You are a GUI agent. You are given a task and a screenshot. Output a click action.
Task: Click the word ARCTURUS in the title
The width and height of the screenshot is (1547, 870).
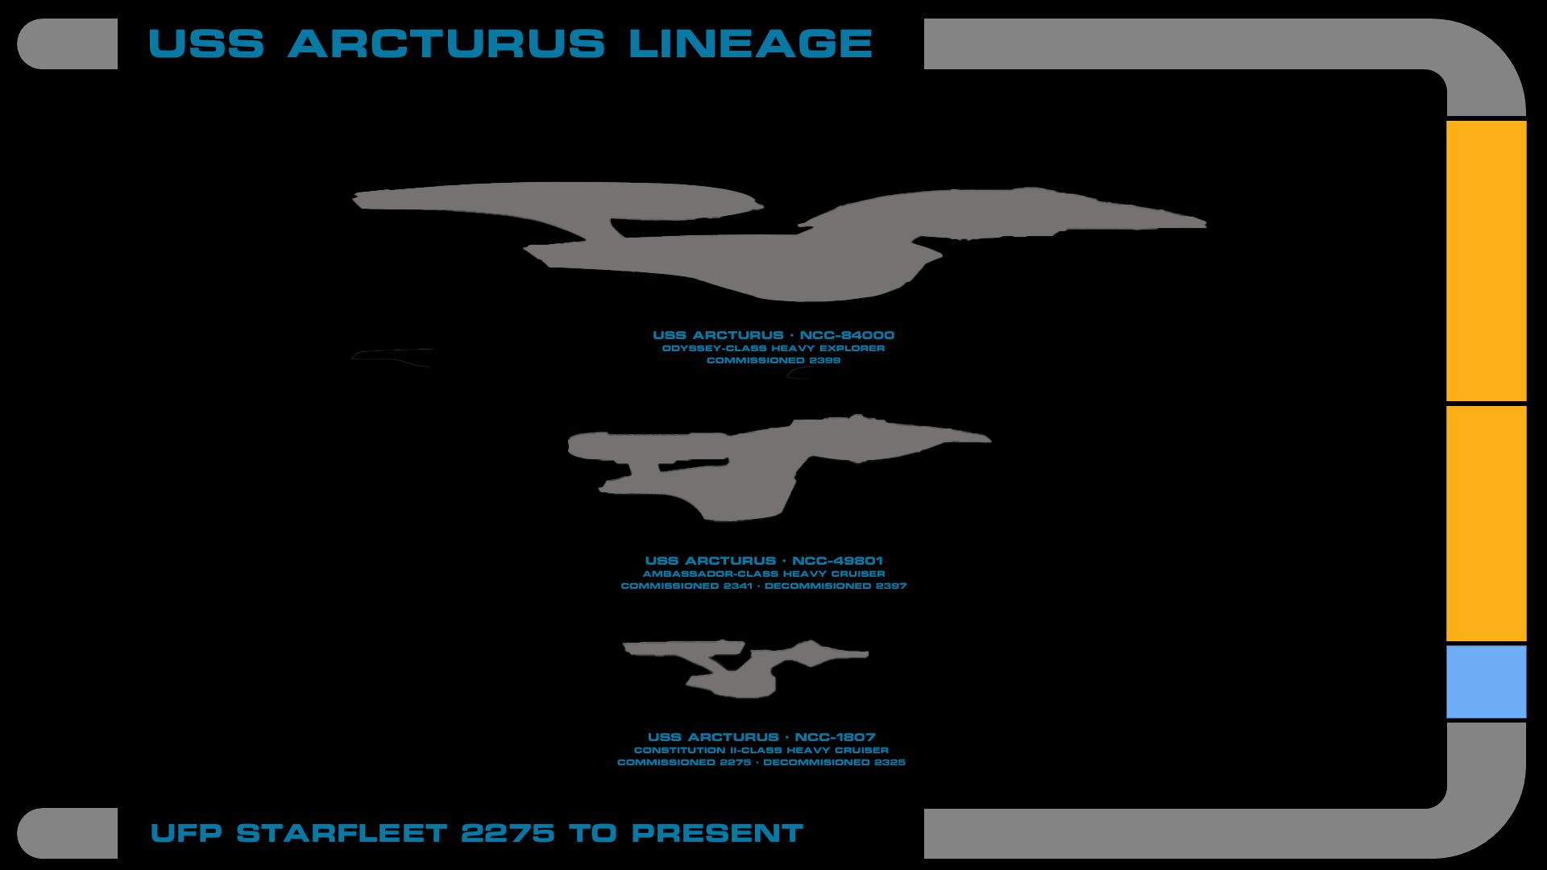446,43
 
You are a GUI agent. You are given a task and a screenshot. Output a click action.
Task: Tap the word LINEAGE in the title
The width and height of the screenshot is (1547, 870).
750,43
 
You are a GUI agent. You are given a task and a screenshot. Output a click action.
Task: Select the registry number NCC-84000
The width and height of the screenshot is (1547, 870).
847,335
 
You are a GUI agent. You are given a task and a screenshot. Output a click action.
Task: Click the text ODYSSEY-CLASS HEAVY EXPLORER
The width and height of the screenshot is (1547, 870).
773,348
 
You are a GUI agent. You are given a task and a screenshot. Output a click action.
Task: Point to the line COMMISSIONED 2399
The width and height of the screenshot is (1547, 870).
773,360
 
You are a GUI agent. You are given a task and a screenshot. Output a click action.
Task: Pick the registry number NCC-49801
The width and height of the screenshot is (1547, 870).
837,561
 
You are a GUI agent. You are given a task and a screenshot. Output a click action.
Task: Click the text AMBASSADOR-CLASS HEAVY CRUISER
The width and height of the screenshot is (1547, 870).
764,574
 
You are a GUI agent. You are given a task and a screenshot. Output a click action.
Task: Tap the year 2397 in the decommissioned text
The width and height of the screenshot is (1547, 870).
891,586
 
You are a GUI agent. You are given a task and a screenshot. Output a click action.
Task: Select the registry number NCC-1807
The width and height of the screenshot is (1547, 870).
835,737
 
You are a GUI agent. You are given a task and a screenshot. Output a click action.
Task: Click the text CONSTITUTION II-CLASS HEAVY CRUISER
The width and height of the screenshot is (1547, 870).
761,750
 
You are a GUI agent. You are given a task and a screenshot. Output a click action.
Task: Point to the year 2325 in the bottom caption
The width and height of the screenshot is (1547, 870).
890,762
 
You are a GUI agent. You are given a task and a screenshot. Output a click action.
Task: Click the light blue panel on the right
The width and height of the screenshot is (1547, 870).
1486,681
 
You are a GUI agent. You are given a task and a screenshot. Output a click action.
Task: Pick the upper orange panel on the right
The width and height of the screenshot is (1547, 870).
1486,260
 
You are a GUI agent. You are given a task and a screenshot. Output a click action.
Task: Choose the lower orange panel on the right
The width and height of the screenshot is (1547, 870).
1486,523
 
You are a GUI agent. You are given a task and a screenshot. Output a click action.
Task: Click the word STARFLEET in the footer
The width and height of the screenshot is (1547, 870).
341,833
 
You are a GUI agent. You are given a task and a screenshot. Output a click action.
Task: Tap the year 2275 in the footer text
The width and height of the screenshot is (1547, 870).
508,833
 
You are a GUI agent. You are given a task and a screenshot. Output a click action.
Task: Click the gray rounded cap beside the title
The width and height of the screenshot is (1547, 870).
68,43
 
